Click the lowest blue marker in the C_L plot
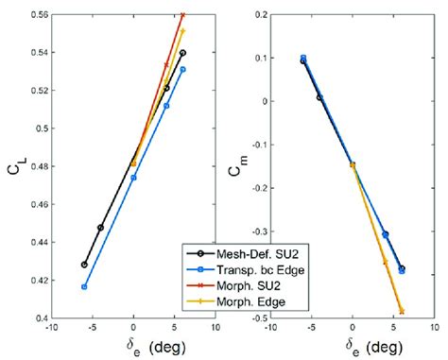click(x=84, y=287)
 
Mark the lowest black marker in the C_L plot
click(x=84, y=265)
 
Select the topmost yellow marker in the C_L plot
click(x=182, y=31)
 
